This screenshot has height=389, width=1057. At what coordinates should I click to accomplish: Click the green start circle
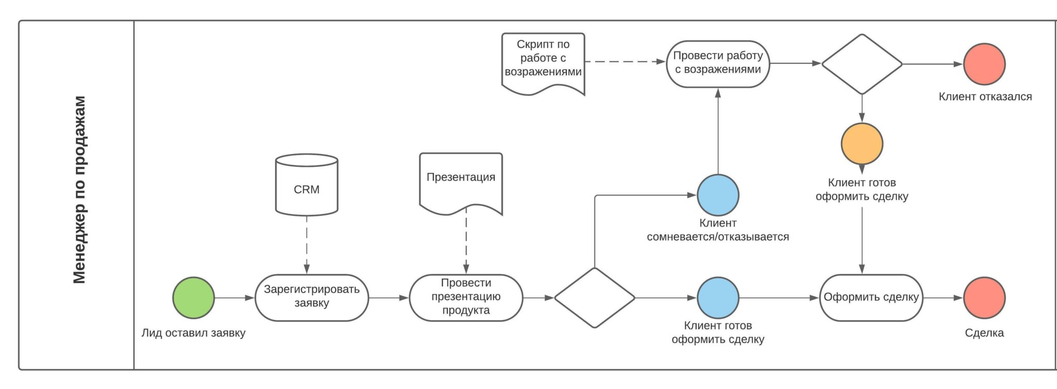tap(194, 298)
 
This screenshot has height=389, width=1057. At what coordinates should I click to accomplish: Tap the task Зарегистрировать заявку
tap(312, 297)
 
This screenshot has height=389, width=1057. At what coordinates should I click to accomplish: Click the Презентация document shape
tap(460, 180)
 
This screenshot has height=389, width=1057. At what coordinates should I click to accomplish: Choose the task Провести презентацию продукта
tap(466, 297)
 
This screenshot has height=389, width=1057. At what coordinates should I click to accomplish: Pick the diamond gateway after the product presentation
tap(595, 298)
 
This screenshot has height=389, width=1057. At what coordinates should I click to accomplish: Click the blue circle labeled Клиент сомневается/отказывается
tap(718, 195)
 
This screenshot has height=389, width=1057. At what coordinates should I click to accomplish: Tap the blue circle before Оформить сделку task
tap(718, 298)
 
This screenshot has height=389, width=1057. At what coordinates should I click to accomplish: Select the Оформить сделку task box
tap(871, 297)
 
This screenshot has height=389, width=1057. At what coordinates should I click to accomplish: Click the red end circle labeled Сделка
tap(984, 298)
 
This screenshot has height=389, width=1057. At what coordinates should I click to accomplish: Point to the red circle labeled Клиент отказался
tap(984, 64)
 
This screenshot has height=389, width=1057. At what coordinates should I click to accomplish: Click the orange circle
tap(862, 144)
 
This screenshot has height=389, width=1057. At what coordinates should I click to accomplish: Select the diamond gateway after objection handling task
tap(862, 64)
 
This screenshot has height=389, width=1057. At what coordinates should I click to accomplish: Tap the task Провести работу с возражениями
tap(718, 63)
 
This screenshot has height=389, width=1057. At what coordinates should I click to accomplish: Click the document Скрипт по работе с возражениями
tap(543, 61)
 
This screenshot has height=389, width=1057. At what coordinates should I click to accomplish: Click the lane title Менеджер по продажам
tap(79, 190)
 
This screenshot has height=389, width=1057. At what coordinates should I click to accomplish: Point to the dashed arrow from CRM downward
tap(307, 242)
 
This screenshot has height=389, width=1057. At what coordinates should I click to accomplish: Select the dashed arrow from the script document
tap(624, 61)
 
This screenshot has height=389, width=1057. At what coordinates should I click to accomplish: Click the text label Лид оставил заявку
tap(194, 333)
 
